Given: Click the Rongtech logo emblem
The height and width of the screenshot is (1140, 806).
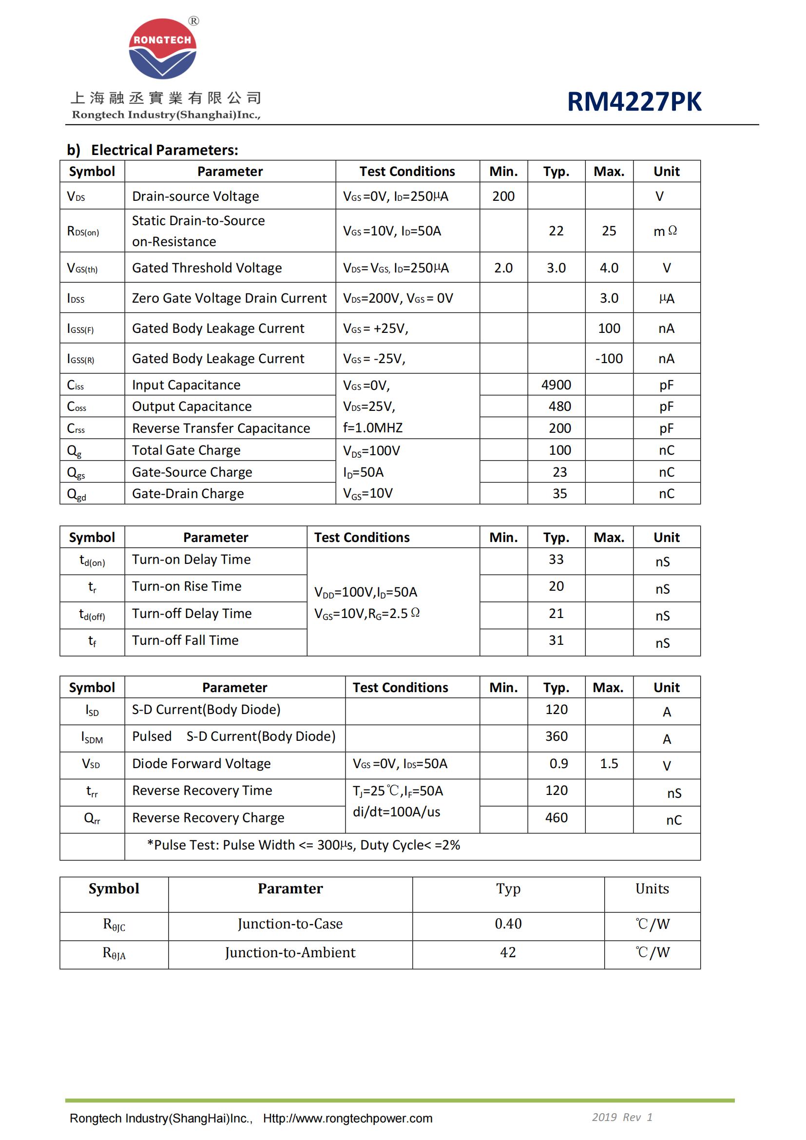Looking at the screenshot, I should tap(162, 49).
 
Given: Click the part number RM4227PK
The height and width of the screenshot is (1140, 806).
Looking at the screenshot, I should tap(634, 102).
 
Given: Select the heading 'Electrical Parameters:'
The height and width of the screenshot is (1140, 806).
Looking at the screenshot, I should tap(164, 150).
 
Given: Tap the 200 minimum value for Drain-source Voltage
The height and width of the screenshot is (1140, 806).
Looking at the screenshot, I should tap(503, 196).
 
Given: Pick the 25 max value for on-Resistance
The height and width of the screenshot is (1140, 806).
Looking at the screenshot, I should tap(609, 231).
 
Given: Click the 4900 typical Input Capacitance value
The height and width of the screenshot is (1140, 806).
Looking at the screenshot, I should tap(556, 385).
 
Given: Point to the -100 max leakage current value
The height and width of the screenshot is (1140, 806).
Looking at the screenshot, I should tap(609, 359).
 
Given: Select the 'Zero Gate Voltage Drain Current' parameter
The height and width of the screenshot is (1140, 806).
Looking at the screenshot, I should tap(229, 298).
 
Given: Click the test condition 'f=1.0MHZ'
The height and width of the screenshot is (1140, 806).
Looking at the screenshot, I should tap(373, 427).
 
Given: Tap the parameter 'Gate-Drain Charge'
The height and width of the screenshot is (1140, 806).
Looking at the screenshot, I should tap(188, 494).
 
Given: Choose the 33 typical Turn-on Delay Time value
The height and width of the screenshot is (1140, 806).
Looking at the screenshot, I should tap(556, 560).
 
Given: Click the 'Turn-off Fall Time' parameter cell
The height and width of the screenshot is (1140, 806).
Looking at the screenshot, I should tap(185, 640).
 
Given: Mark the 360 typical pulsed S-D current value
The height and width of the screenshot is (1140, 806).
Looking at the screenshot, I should tap(556, 736).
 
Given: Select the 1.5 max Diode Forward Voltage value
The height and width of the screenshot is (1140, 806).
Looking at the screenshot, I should tap(609, 764).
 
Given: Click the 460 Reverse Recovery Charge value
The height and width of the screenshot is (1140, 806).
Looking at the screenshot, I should tap(556, 818).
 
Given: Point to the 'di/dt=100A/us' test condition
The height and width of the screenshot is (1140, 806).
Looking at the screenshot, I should tap(396, 812).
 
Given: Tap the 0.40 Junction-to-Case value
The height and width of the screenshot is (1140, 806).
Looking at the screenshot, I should tap(508, 924).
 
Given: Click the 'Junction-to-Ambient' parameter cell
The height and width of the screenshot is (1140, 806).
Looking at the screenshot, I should tap(290, 953).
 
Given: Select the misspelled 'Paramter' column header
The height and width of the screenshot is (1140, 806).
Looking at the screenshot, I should tap(290, 889).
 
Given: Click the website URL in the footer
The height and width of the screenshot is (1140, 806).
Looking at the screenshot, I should tap(347, 1118).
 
